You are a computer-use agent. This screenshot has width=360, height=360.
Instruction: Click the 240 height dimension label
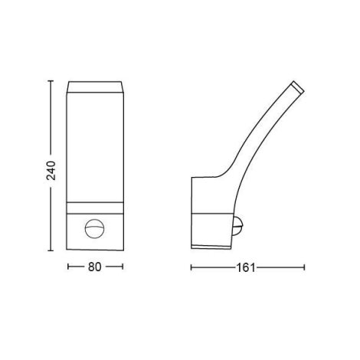click(x=51, y=171)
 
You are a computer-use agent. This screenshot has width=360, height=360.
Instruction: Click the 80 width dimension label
click(x=95, y=267)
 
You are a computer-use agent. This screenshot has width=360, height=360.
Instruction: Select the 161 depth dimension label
click(x=246, y=268)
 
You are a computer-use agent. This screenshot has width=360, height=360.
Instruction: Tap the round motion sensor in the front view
click(x=95, y=229)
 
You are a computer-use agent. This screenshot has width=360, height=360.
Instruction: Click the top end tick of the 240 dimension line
click(x=51, y=80)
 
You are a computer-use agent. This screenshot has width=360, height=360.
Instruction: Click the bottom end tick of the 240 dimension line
click(x=51, y=250)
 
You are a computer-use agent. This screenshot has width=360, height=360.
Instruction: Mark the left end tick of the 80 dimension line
click(x=68, y=267)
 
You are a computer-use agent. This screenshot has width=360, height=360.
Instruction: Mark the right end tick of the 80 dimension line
click(x=123, y=267)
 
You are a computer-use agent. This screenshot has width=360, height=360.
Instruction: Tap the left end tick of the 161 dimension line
click(x=191, y=267)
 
